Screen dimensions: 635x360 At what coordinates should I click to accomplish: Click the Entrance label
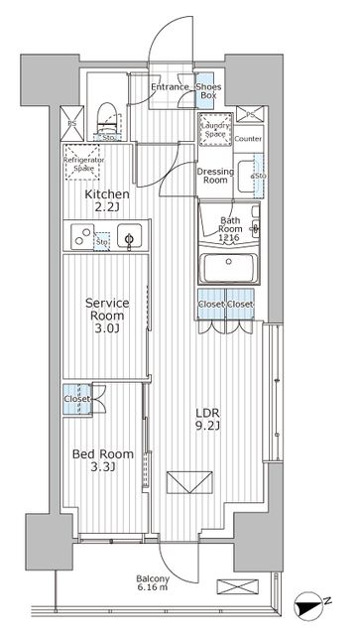coord(170,88)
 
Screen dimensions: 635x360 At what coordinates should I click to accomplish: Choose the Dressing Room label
coord(215,176)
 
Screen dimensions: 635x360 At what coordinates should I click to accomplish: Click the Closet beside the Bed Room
coord(76,398)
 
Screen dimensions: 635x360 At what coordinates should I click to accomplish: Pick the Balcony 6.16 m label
coord(154,584)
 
